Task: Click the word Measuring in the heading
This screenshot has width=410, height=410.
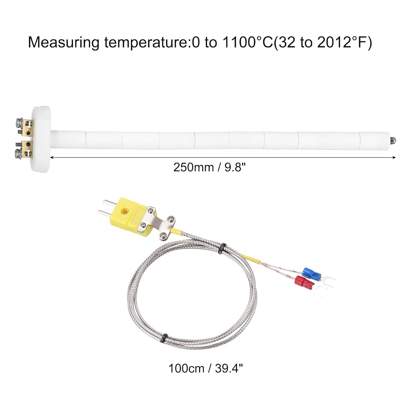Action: pyautogui.click(x=64, y=43)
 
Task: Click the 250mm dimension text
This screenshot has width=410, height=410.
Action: pyautogui.click(x=194, y=167)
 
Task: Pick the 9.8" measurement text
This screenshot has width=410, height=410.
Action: pyautogui.click(x=235, y=167)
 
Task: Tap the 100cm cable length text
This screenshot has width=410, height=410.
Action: pyautogui.click(x=186, y=369)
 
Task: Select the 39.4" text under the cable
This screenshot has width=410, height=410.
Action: pyautogui.click(x=228, y=369)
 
